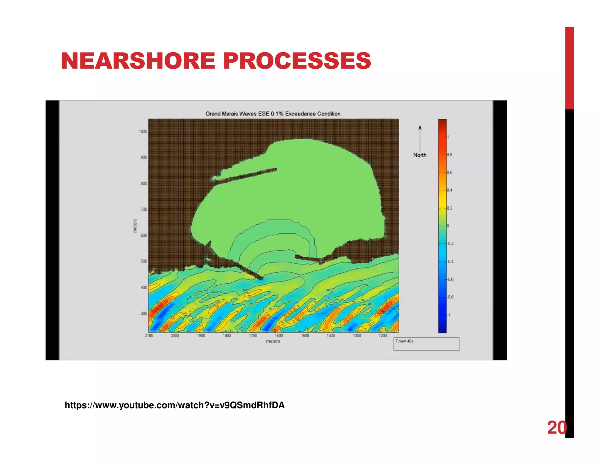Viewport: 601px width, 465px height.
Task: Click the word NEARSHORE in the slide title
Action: [138, 61]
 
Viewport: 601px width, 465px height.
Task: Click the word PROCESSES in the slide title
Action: [297, 61]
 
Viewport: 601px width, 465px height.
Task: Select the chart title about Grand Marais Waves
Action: [273, 114]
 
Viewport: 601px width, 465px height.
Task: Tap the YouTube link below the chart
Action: [175, 405]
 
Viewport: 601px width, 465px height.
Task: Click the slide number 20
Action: [556, 427]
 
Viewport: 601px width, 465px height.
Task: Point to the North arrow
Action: [420, 138]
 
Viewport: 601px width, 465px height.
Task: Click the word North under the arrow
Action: [420, 155]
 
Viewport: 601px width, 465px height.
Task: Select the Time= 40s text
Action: [404, 341]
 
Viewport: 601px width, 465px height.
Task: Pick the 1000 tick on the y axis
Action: [143, 131]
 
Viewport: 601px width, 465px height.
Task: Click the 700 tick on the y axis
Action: [144, 209]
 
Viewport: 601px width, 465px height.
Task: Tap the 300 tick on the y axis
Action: [144, 313]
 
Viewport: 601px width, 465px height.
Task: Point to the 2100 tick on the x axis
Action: [149, 336]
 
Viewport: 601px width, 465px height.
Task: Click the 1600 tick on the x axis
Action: [279, 336]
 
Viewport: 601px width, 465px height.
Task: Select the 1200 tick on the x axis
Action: [383, 336]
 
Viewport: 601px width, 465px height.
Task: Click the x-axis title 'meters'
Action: [273, 341]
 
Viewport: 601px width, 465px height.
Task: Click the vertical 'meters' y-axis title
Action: [135, 226]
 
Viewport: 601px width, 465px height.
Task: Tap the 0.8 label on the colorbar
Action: [450, 155]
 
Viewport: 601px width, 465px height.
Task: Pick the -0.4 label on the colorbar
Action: [450, 262]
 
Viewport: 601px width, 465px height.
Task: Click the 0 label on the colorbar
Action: [448, 226]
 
